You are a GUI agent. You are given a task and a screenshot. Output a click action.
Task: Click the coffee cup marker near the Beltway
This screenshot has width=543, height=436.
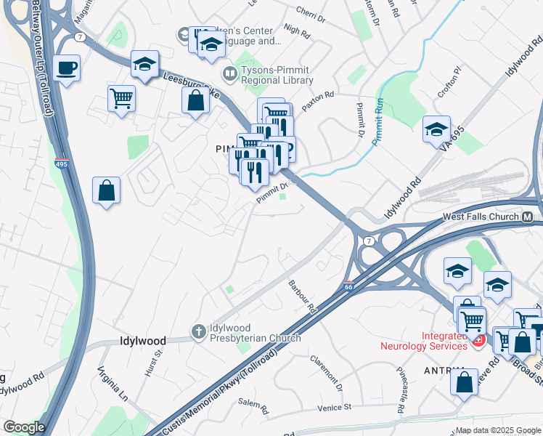tap(67, 68)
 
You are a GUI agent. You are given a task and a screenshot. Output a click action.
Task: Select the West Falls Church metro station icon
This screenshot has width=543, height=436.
tap(528, 217)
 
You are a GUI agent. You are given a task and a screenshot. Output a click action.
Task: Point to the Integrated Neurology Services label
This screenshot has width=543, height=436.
tap(425, 341)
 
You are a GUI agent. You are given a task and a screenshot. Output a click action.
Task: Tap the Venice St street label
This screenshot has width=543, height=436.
tap(333, 408)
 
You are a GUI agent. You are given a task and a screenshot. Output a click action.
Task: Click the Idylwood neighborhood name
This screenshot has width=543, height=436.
tap(142, 341)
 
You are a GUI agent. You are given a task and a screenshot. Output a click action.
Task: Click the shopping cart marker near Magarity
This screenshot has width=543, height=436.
tap(121, 98)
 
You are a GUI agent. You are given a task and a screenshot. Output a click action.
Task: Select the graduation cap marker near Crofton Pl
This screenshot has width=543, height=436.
tap(436, 130)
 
